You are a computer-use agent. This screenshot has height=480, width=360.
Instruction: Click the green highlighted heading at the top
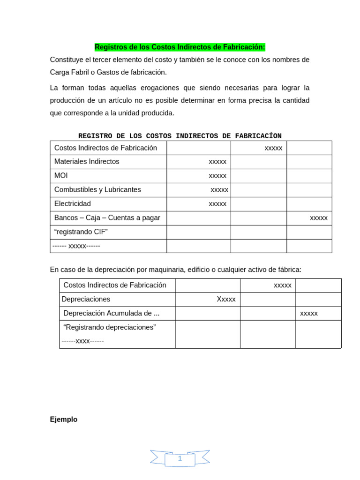180,47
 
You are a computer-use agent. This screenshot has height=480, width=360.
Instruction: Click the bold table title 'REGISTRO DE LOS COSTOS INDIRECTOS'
180,136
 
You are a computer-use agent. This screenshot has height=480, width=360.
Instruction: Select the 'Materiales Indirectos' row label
87,162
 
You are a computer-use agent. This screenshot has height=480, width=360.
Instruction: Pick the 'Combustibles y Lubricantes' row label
97,190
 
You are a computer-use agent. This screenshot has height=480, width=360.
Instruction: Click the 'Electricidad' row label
73,204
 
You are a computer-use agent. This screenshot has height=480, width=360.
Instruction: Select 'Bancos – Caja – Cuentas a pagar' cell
107,218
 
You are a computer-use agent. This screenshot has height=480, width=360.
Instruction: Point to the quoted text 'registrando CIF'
81,232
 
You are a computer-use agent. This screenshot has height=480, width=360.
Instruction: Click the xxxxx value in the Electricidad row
217,204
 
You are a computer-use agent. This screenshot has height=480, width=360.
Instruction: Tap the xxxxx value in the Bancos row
319,218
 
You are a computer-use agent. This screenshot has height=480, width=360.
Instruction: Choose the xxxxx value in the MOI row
217,176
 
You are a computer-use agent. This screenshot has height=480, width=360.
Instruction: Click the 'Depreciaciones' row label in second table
86,299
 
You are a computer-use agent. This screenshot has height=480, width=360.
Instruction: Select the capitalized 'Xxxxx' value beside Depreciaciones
226,299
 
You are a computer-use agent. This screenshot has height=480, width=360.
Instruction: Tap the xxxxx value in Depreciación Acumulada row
309,313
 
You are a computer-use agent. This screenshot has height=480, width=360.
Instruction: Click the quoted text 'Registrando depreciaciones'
109,327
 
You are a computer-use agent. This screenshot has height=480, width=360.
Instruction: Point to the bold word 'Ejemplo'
64,420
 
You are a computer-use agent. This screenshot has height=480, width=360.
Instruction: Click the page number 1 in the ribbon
180,458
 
